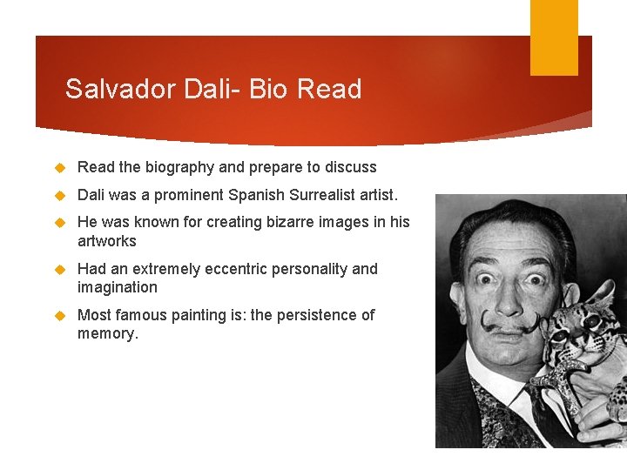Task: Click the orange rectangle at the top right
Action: pos(554,37)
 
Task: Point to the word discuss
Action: pos(348,167)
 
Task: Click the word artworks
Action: pos(107,241)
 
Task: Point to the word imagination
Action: pos(118,287)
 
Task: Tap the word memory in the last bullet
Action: pos(106,333)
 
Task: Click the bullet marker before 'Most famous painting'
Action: pos(61,315)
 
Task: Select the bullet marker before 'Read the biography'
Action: pos(61,167)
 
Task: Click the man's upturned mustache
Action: pos(510,325)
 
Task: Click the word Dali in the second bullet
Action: pos(92,195)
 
